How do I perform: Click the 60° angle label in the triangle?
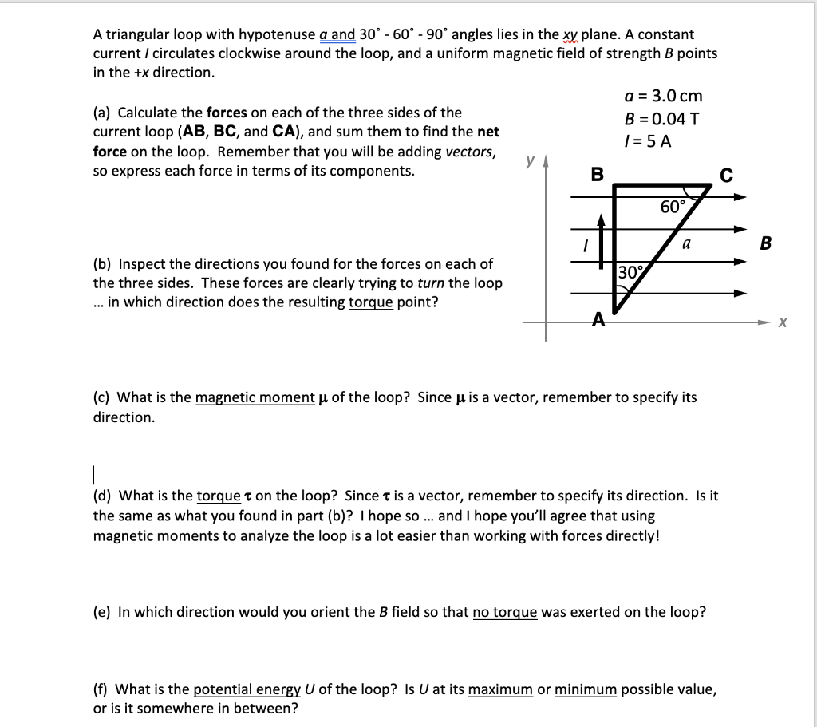pyautogui.click(x=673, y=207)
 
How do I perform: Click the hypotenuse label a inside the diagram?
pyautogui.click(x=685, y=245)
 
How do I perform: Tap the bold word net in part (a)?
pyautogui.click(x=488, y=132)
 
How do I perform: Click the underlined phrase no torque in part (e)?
pyautogui.click(x=504, y=612)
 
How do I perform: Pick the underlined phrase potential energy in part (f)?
pyautogui.click(x=243, y=689)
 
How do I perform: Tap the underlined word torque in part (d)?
pyautogui.click(x=218, y=496)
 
